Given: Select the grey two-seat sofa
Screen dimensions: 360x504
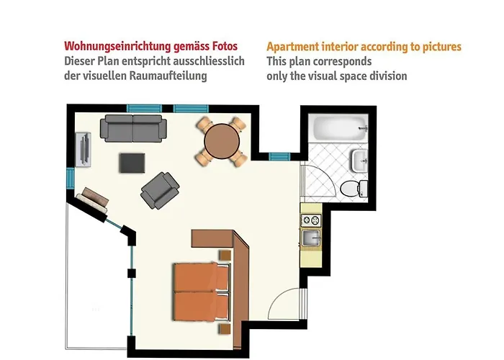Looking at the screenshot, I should click(133, 127).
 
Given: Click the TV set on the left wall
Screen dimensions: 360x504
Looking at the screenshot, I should click(85, 148).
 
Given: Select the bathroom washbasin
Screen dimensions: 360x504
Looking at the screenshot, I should click(358, 161).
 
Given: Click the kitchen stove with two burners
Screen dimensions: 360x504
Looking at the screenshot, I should click(310, 217).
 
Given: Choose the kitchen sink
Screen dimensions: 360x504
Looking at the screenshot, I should click(310, 238).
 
